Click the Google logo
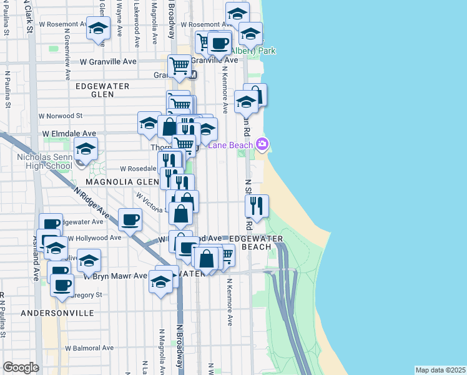[x=21, y=367]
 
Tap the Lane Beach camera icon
[x=262, y=145]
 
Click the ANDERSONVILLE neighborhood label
[x=57, y=312]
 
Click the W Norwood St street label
[x=60, y=116]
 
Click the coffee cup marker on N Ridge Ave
[x=130, y=219]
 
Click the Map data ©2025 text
[x=440, y=370]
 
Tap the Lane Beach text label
[x=231, y=146]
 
